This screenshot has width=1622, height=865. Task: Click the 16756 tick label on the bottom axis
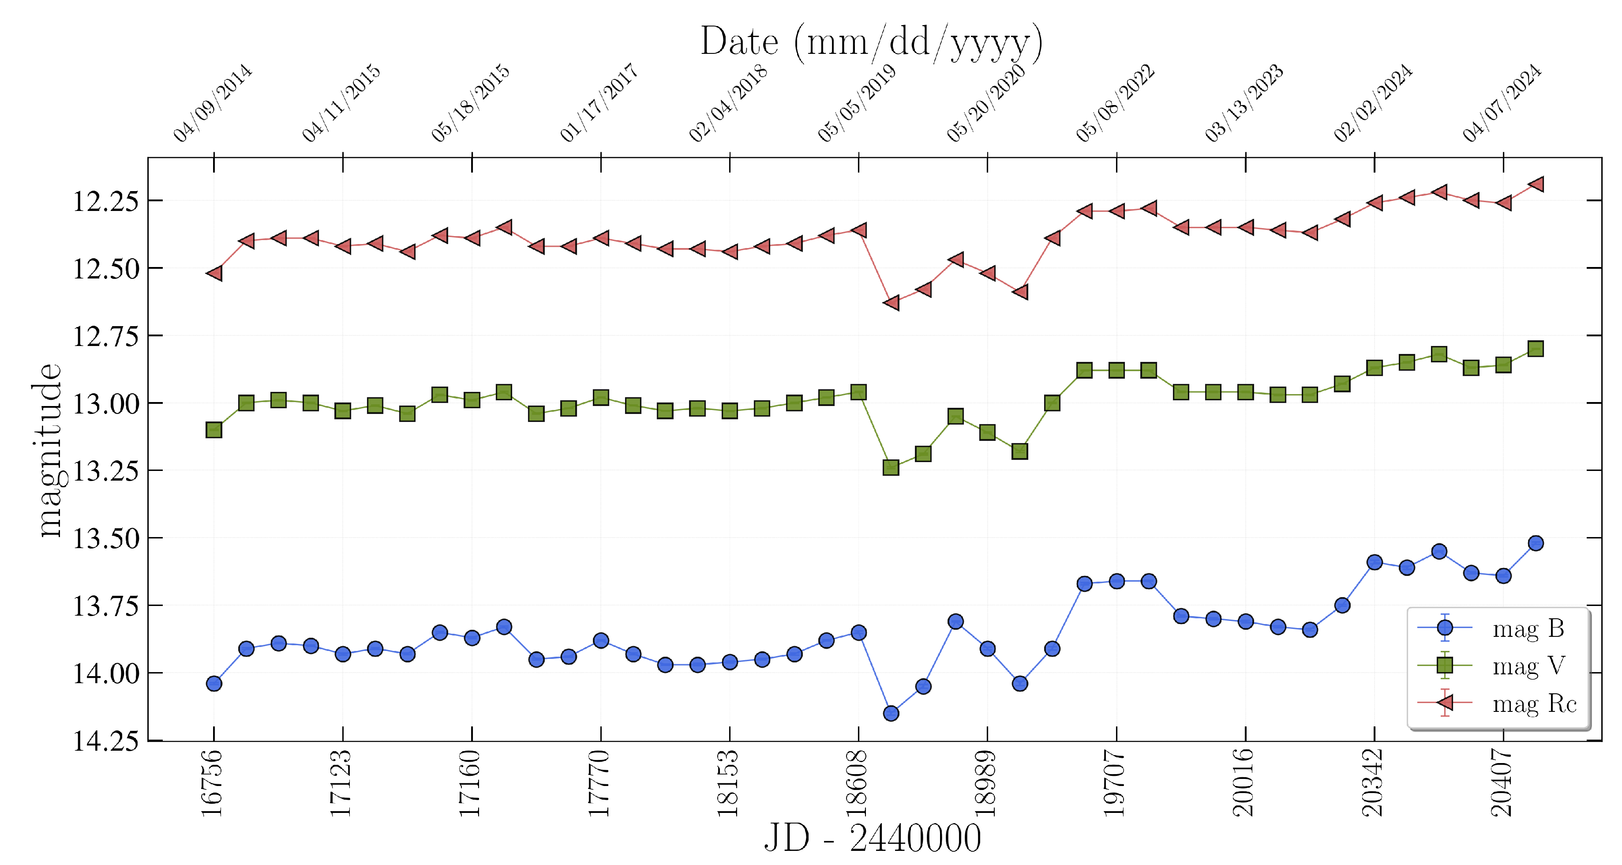212,783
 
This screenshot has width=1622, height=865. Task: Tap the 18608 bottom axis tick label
857,783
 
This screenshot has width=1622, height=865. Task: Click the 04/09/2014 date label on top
212,103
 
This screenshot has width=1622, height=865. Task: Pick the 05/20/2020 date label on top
985,103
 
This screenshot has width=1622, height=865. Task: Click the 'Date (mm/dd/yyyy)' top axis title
872,42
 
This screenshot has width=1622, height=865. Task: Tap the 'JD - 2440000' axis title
872,839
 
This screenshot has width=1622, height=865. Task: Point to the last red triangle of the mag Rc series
1535,184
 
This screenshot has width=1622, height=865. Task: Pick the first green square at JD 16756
214,430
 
